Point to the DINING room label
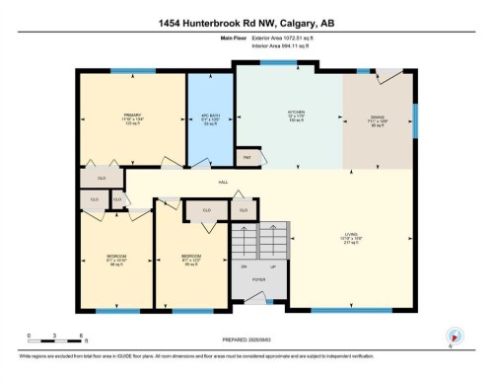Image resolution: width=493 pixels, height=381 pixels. coord(378,117)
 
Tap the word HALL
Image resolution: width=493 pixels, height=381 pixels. coord(223,182)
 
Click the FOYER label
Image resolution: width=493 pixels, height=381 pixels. coord(258,280)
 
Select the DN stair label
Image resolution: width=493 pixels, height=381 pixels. coord(243,267)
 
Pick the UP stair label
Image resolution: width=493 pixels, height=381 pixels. coord(272,267)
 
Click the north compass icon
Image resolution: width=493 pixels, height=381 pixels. coord(455,336)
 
